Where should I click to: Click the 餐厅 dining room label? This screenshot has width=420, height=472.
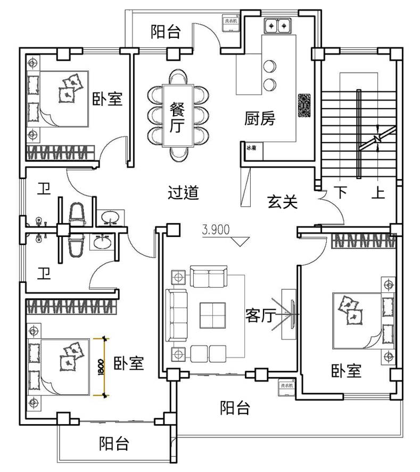click(177, 117)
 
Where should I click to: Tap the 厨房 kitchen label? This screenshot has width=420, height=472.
click(260, 118)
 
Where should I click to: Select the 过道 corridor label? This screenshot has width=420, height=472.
click(183, 192)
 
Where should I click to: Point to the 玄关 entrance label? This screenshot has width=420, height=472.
click(282, 202)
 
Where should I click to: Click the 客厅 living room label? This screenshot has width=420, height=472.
click(260, 315)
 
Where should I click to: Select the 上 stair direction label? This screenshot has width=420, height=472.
click(378, 192)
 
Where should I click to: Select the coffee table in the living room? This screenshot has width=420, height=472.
click(212, 314)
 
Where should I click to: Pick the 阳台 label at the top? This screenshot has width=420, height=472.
click(166, 32)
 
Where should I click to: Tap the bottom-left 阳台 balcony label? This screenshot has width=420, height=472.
click(114, 443)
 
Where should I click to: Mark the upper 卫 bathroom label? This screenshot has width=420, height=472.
click(44, 189)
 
